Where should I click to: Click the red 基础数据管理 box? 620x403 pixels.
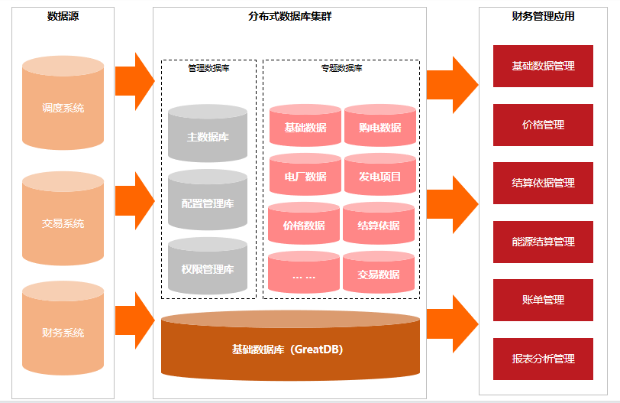click(543, 66)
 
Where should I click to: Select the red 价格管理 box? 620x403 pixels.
click(543, 125)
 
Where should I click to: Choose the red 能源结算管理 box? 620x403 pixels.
click(543, 242)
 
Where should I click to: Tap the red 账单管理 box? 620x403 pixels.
click(543, 300)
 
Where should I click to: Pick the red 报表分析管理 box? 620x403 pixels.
click(543, 359)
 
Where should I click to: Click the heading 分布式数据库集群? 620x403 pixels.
click(290, 16)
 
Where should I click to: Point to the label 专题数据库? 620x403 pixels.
click(341, 68)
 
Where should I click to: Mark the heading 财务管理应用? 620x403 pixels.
click(543, 16)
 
